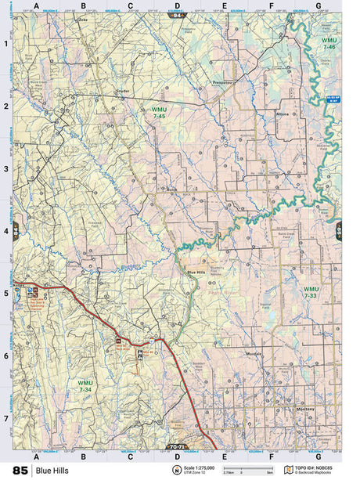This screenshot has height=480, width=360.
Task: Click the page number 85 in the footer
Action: coord(20,470)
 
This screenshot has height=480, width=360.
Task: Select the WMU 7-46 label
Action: coord(329,43)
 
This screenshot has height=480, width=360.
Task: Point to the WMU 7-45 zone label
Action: coord(159,112)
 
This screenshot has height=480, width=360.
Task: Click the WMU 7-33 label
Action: coord(311,291)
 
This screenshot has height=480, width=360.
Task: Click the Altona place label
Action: coord(282,114)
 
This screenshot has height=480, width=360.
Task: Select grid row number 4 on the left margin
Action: coord(6,231)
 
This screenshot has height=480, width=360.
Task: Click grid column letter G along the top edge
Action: coord(318,6)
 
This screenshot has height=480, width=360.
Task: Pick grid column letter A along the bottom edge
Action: coord(36,455)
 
